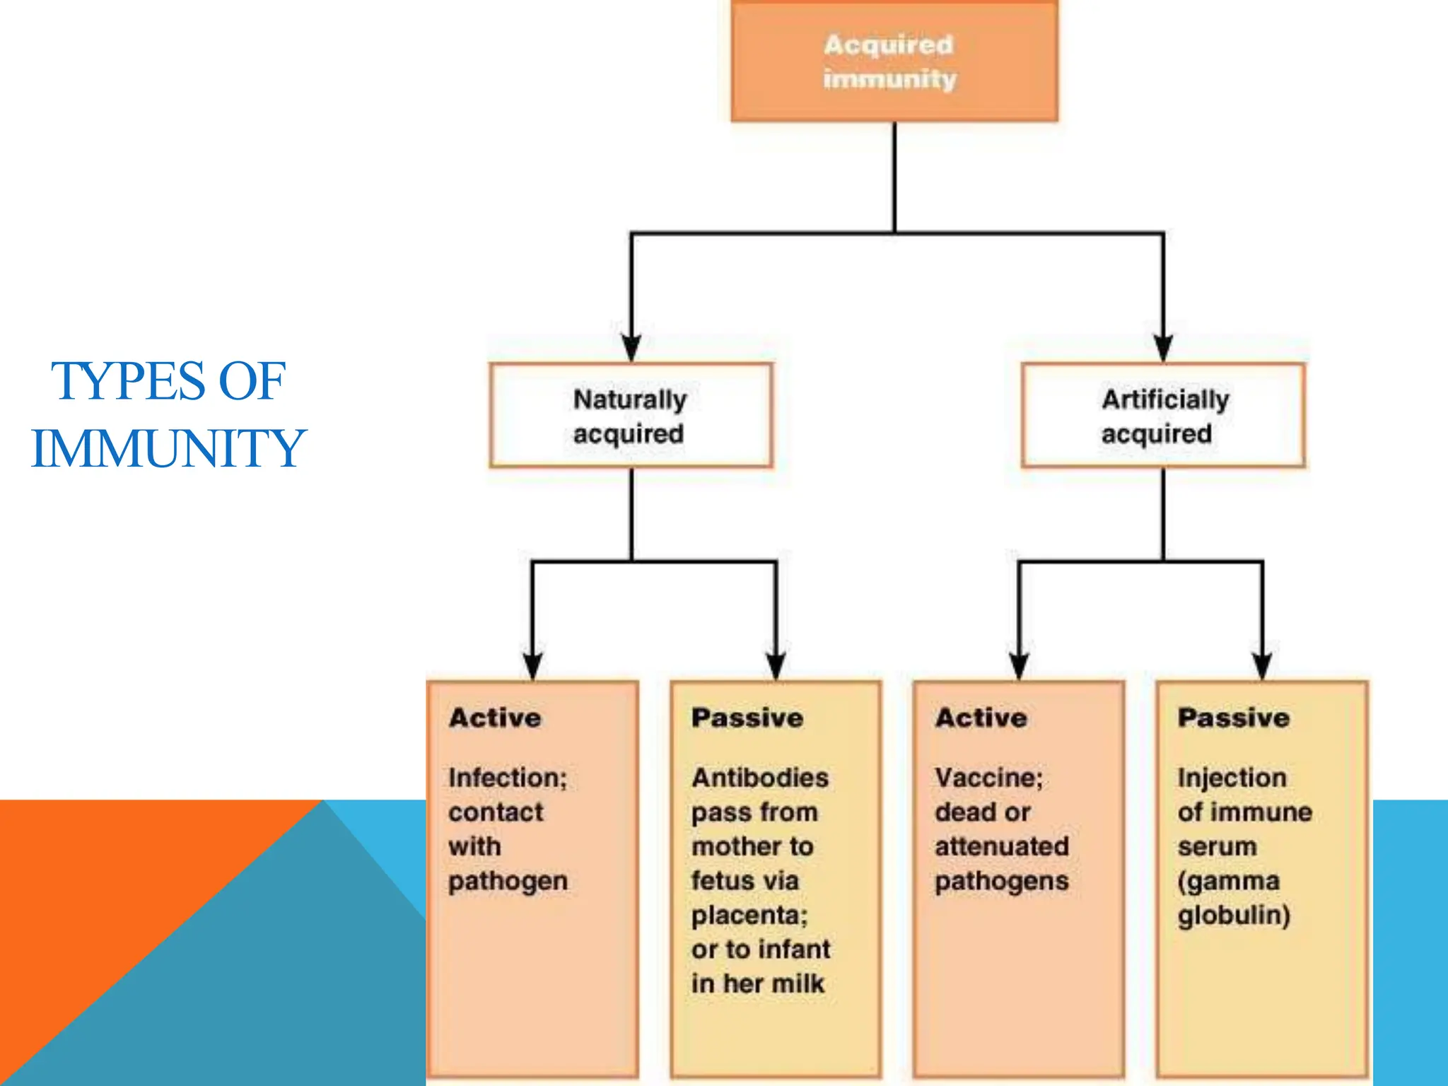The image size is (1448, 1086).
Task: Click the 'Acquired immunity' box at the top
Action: [x=894, y=62]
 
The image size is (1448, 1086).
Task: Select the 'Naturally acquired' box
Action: [x=631, y=416]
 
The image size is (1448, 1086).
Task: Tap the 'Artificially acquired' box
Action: [x=1163, y=416]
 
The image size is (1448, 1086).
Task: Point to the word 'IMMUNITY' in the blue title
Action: [x=168, y=448]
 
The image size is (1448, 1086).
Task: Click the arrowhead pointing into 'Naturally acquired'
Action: [x=631, y=348]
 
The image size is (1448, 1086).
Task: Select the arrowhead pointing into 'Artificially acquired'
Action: [x=1163, y=348]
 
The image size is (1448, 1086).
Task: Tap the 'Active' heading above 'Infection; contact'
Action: [x=495, y=718]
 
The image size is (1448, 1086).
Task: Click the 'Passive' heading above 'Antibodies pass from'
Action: [x=747, y=718]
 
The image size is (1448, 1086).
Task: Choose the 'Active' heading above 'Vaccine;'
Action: [x=981, y=718]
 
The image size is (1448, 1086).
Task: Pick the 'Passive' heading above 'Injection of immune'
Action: [x=1234, y=718]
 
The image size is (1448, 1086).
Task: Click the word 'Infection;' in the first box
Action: [x=508, y=778]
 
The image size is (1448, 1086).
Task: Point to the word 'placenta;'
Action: [x=749, y=915]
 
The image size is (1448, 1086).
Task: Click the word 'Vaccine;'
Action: [x=988, y=778]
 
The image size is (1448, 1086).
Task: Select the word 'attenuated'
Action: [x=1002, y=846]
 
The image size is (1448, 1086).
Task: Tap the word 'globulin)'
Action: [x=1234, y=915]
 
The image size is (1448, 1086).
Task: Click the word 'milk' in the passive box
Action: [x=799, y=983]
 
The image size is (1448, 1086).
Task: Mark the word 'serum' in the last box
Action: [x=1217, y=846]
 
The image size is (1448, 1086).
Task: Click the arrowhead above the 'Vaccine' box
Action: [x=1019, y=665]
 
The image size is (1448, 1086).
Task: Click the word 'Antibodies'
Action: [x=760, y=778]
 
